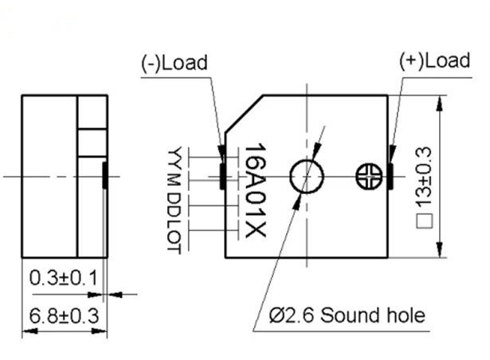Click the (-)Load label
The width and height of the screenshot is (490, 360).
(x=174, y=63)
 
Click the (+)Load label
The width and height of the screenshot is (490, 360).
(x=435, y=61)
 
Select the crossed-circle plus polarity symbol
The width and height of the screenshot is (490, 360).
(x=369, y=177)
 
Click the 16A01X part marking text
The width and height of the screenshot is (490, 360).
(x=255, y=190)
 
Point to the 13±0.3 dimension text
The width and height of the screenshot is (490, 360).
(x=424, y=178)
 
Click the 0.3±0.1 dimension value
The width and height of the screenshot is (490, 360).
(x=64, y=277)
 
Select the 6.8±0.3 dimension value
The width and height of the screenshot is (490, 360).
(x=64, y=315)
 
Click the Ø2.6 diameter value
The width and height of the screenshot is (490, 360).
(x=292, y=315)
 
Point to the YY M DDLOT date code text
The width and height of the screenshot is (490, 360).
(x=174, y=200)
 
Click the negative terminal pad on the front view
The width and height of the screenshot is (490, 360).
(x=222, y=176)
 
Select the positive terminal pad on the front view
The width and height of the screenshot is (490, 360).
(x=390, y=176)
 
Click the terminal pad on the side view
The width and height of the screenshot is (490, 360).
(x=105, y=175)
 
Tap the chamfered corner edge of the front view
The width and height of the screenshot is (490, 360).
(x=244, y=114)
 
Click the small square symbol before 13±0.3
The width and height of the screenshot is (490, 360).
(x=425, y=221)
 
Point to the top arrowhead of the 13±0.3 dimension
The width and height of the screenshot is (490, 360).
(x=439, y=103)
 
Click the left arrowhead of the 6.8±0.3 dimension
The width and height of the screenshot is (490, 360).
(x=30, y=331)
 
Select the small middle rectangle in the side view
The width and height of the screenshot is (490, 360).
(x=92, y=143)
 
